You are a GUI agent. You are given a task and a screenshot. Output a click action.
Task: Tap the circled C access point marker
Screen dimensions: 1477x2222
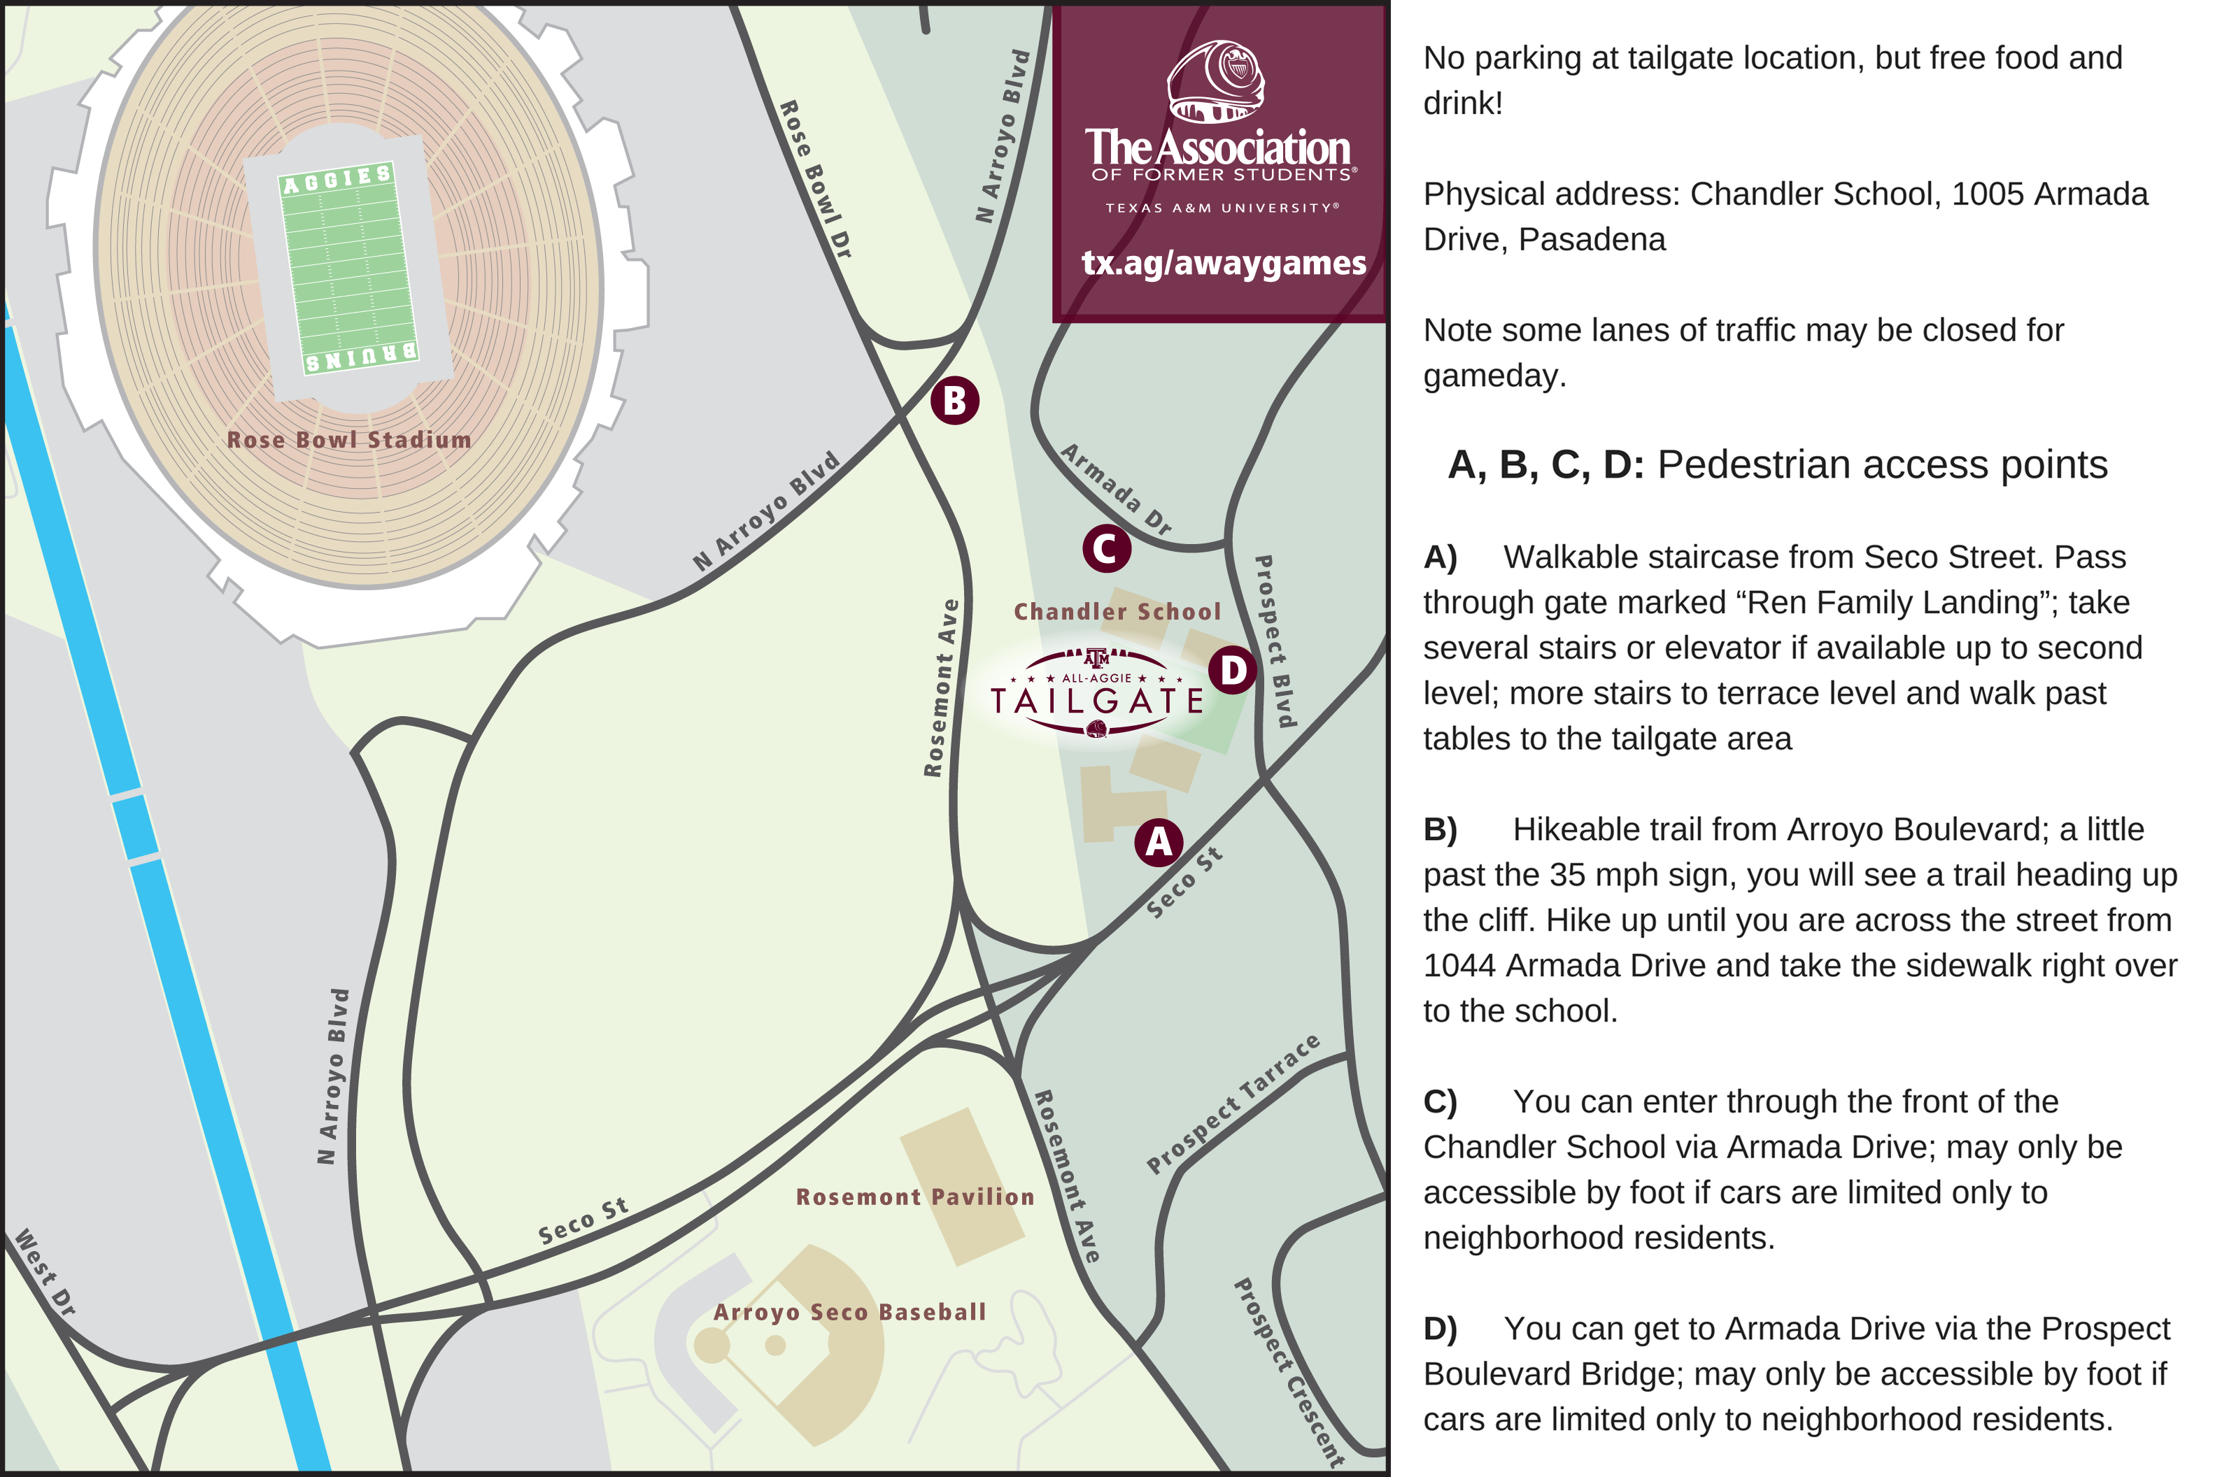(1105, 548)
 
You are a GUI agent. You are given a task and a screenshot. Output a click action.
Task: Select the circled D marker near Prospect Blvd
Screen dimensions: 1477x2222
(1233, 671)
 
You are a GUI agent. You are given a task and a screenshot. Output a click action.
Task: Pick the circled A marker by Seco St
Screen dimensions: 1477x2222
(1158, 841)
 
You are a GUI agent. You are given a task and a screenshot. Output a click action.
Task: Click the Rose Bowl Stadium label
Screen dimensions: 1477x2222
(348, 440)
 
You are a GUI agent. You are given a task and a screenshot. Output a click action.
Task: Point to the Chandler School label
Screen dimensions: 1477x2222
(1117, 611)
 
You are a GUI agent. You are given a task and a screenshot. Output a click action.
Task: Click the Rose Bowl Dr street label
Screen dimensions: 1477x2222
(815, 179)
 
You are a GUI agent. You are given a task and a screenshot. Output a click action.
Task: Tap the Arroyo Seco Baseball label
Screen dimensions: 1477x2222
(849, 1312)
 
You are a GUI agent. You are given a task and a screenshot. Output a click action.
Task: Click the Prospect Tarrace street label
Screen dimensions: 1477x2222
(1233, 1104)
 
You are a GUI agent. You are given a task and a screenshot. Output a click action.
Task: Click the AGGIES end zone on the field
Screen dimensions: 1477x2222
(337, 179)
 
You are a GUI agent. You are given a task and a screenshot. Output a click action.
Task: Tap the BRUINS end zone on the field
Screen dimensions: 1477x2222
(361, 356)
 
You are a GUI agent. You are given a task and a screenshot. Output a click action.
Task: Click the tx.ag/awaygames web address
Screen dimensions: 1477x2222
(1223, 263)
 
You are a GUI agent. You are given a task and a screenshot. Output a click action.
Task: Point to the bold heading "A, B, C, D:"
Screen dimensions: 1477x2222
(1545, 465)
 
